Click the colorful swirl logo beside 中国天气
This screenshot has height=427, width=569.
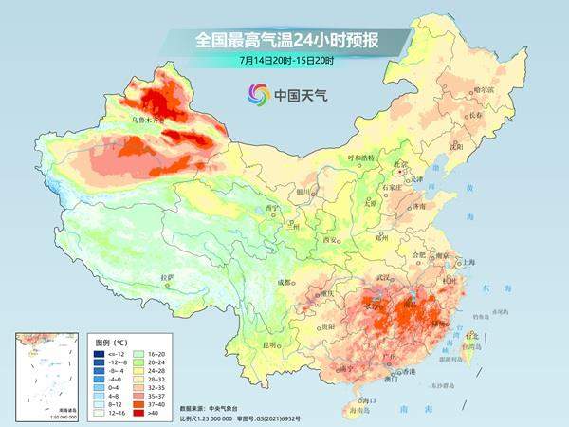[257, 93]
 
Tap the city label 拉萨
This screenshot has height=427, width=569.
[168, 277]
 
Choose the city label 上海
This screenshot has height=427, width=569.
[465, 263]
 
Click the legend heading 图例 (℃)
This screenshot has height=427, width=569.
[113, 340]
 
